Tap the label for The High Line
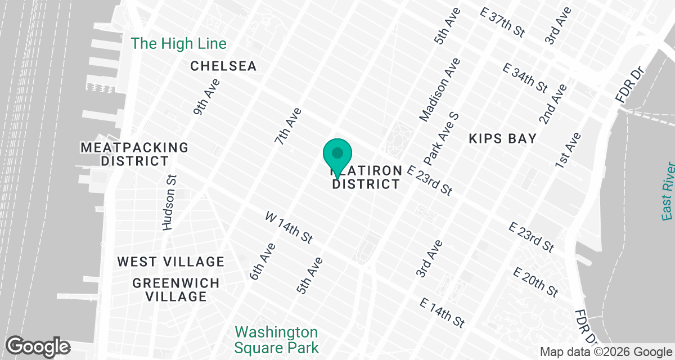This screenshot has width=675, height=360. pos(178,44)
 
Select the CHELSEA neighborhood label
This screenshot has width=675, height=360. pos(223,66)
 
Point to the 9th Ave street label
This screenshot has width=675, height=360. pos(206,97)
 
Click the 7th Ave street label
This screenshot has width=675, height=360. pos(289,127)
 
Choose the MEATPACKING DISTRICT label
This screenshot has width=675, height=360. pos(135,154)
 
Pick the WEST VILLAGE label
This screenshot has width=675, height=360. pos(171,262)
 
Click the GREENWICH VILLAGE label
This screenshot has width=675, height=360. pos(169,289)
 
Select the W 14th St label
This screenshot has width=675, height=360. pos(289,227)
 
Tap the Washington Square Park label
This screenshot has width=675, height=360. pos(276,340)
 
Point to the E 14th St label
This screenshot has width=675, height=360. pos(443,313)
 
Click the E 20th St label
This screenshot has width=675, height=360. pos(535,282)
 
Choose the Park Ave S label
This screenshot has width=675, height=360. pos(442,136)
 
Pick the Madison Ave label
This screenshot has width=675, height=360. pos(440,89)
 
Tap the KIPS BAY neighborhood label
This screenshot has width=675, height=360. pos(502,138)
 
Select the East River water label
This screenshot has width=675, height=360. pos(668,191)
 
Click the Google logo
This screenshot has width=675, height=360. pos(38,346)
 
